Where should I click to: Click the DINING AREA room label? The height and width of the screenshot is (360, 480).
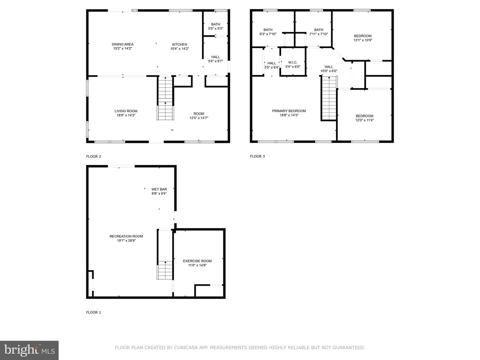122,44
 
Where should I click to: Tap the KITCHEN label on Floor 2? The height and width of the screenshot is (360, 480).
180,44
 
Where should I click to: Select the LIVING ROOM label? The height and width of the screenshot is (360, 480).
126,111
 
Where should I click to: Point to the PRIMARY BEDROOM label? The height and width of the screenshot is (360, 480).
289,111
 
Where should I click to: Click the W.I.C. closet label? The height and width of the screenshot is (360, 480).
293,63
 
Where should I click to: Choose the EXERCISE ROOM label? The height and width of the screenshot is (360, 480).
197,261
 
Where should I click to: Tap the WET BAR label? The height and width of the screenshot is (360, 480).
159,189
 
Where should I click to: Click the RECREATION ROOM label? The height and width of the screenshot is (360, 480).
126,236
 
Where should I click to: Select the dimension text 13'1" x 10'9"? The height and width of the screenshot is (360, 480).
363,40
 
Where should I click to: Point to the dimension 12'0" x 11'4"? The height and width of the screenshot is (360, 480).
365,120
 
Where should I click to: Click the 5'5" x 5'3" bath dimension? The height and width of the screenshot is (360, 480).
216,28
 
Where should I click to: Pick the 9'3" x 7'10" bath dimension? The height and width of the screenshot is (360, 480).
268,34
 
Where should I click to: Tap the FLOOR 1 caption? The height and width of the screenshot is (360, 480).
94,312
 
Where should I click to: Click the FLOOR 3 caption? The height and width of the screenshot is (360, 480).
257,156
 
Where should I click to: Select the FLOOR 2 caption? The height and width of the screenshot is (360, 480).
94,157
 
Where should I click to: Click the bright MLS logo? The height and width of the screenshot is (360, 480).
29,350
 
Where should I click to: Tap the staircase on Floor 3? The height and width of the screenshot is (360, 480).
329,98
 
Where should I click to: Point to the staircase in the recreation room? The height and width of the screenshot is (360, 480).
165,270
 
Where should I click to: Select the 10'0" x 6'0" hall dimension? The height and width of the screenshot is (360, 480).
329,71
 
